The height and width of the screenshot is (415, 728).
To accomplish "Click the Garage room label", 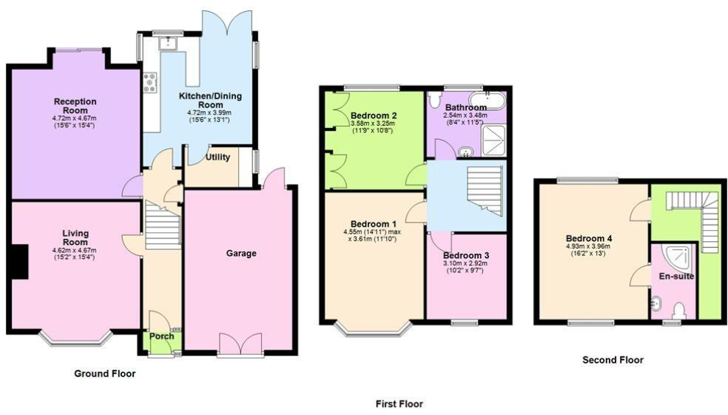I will tap(241, 254).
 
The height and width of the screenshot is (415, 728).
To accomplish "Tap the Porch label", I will tap(162, 336).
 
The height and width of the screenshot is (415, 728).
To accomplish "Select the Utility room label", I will tap(218, 157).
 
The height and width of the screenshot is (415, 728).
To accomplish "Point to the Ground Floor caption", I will tap(105, 374).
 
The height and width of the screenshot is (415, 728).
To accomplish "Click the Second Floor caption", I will tap(613, 360).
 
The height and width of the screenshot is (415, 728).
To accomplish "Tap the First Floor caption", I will tap(399, 403).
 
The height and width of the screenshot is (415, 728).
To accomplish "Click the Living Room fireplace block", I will tap(20, 262).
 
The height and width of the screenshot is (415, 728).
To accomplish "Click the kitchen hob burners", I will tap(151, 82).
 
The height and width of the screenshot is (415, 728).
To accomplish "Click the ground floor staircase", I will tap(163, 227).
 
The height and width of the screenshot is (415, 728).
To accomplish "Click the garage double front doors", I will tap(240, 344).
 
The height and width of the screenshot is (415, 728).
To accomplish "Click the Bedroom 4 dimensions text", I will tap(589, 250).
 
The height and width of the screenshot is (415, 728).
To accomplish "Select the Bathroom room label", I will tap(465, 107).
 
